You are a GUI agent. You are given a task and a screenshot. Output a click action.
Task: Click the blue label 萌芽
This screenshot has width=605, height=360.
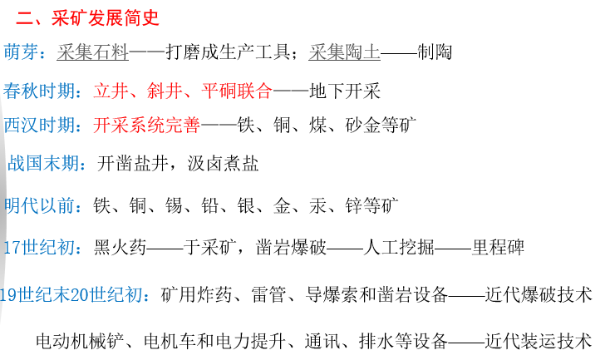[22, 52]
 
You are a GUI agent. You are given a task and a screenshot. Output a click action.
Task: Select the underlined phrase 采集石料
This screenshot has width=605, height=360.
[92, 52]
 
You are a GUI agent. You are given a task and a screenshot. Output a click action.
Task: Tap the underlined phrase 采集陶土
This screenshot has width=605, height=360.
[344, 52]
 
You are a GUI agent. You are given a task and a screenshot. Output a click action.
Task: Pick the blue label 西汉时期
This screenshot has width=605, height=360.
[41, 126]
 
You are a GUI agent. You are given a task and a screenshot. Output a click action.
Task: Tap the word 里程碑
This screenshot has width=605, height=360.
[498, 247]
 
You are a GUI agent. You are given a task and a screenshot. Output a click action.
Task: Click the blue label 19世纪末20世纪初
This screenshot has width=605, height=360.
[75, 294]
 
